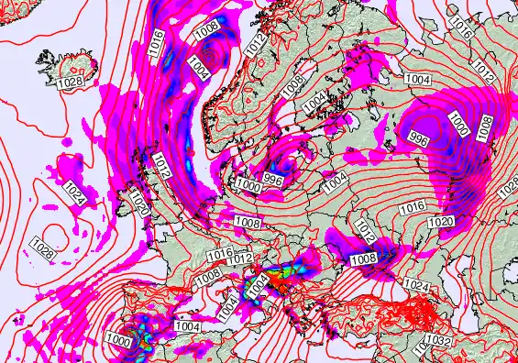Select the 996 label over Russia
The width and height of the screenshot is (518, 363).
coord(419,139)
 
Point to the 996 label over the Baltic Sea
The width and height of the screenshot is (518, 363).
coord(272,180)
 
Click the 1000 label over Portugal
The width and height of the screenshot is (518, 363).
coord(118,338)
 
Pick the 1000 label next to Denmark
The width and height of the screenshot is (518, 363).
coord(247,184)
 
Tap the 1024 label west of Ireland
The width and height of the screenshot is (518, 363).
coord(75,193)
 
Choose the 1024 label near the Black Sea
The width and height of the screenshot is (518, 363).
coord(415,286)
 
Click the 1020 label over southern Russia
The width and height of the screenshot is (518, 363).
coord(441,223)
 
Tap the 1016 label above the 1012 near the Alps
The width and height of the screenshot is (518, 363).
coord(220,254)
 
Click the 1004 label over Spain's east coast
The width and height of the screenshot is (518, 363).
coord(187,326)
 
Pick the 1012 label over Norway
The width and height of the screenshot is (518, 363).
coord(259,41)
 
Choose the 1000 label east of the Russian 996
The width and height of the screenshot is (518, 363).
coord(457,122)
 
